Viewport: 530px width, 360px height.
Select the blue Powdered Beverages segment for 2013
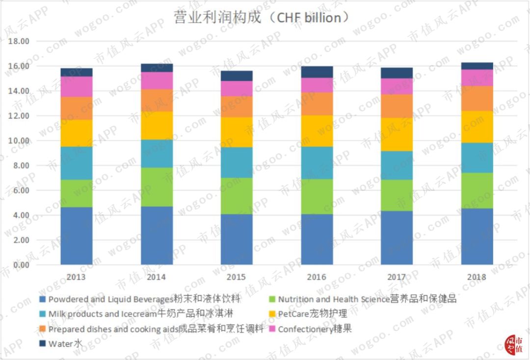(x=77, y=236)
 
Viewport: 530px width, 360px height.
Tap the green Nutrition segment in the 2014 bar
(x=157, y=187)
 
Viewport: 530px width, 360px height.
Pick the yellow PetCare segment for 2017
(x=397, y=134)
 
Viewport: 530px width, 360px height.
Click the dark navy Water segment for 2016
(x=317, y=72)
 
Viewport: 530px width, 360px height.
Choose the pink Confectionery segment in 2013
(x=77, y=87)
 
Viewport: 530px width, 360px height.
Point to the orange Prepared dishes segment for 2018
(x=477, y=99)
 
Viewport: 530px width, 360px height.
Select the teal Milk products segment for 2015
(x=237, y=162)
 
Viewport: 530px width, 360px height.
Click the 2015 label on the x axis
(x=237, y=277)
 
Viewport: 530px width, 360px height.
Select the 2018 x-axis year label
(x=477, y=277)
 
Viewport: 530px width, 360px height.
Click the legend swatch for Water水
(x=42, y=344)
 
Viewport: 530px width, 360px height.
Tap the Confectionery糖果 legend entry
(x=315, y=329)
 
